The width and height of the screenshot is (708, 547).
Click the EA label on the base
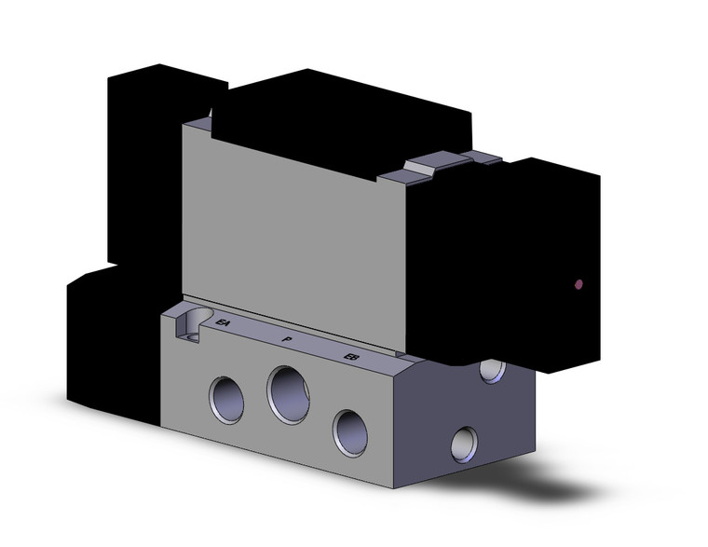point(223,323)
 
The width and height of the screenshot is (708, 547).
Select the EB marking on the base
point(350,357)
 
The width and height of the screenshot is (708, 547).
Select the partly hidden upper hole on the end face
point(490,370)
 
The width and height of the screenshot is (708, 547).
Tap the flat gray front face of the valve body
point(298,233)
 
